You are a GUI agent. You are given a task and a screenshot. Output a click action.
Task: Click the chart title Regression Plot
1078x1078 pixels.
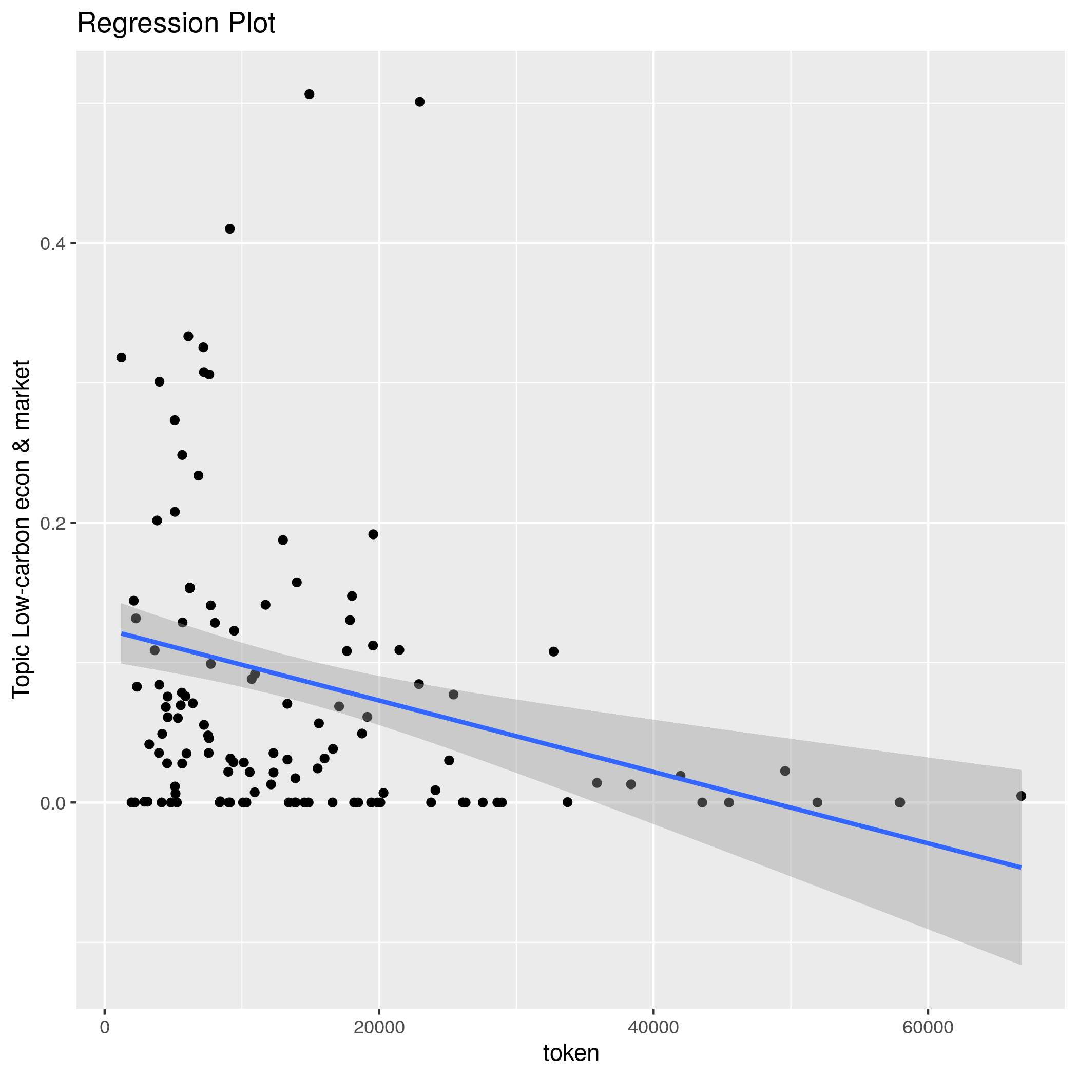[176, 24]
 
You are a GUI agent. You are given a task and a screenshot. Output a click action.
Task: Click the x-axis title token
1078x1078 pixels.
[571, 1052]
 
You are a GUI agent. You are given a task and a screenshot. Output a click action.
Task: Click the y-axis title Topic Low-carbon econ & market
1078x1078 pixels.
[21, 528]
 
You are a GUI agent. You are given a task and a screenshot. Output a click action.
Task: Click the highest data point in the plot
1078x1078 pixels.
[310, 94]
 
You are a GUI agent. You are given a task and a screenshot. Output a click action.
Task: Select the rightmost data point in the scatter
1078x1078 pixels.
[1021, 796]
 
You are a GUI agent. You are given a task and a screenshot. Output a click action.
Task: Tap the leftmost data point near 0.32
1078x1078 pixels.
[121, 358]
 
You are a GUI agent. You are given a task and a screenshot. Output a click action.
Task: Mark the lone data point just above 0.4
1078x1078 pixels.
[230, 229]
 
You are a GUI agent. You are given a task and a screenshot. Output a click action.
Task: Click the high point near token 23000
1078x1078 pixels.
[419, 102]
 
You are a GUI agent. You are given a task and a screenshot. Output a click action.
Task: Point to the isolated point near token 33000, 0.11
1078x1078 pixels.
[553, 651]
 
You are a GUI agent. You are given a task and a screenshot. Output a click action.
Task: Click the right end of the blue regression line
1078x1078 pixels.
[1021, 867]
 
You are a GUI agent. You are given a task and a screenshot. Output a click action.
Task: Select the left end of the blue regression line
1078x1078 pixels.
[122, 633]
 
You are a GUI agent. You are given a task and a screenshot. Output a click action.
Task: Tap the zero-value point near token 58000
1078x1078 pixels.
[900, 802]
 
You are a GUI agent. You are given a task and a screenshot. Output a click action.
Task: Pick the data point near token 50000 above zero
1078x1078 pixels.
[785, 771]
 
